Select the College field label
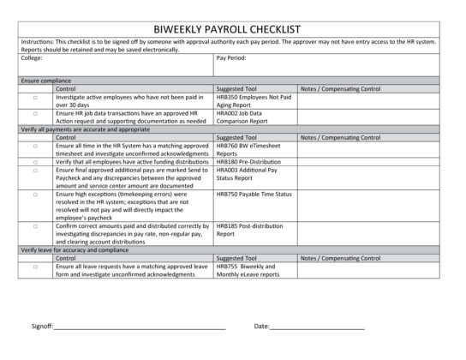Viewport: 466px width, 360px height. (32, 58)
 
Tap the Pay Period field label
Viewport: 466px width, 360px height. (233, 58)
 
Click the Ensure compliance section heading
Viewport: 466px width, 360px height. (45, 81)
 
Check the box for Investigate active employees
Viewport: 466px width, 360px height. (35, 99)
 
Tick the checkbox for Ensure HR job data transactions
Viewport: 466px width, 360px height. (35, 113)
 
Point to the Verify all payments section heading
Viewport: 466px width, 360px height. (78, 129)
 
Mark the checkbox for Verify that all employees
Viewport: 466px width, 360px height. (35, 161)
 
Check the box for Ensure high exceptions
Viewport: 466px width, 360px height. (35, 195)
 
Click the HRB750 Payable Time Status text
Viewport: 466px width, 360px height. (254, 195)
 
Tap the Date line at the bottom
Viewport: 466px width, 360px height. (317, 327)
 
